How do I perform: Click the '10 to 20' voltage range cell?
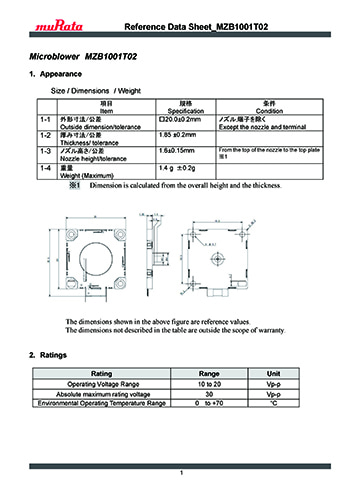[x=209, y=385]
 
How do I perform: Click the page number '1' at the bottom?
[x=181, y=472]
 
